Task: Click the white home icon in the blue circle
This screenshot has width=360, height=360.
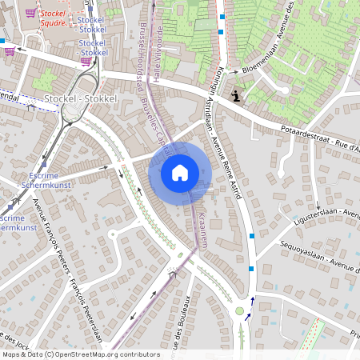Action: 180,171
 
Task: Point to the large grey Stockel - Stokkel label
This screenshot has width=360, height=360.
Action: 81,98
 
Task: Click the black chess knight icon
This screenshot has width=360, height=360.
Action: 235,96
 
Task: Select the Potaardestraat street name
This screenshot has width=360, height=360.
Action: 307,134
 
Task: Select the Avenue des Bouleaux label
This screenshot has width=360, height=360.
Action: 182,325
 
